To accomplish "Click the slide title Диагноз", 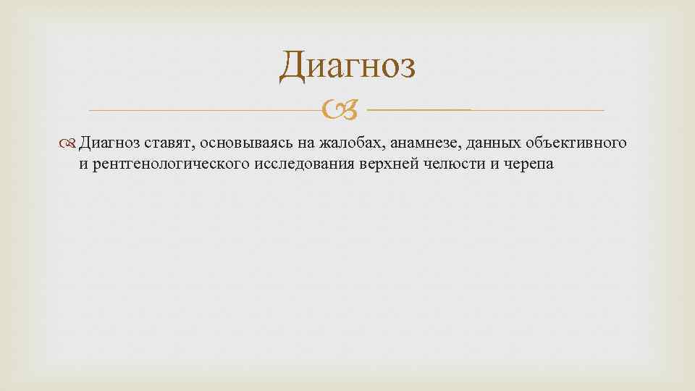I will [347, 67].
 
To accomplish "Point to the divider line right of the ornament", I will [485, 110].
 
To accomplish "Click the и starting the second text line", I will [83, 163].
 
